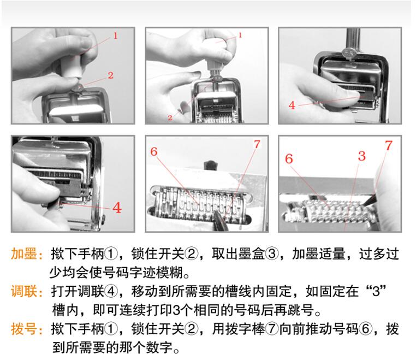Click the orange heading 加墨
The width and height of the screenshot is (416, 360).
point(24,254)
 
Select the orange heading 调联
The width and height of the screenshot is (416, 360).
point(24,291)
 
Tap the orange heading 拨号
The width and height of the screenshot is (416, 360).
point(24,329)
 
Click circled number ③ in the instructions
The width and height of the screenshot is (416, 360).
point(272,254)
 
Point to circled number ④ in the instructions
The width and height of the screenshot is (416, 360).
point(111,291)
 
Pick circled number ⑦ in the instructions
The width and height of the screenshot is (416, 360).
point(272,329)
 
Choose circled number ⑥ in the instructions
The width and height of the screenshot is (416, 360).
point(366,329)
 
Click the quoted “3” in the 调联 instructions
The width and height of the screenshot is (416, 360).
point(376,291)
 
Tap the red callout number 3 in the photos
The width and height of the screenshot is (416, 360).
point(361,156)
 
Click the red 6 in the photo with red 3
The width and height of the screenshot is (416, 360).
point(289,159)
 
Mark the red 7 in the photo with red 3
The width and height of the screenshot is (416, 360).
point(388,145)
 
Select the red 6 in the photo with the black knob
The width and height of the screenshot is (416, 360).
point(154,151)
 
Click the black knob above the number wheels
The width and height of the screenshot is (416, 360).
point(210,166)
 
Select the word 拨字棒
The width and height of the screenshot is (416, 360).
point(245,329)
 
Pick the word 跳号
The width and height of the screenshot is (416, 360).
point(301,310)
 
